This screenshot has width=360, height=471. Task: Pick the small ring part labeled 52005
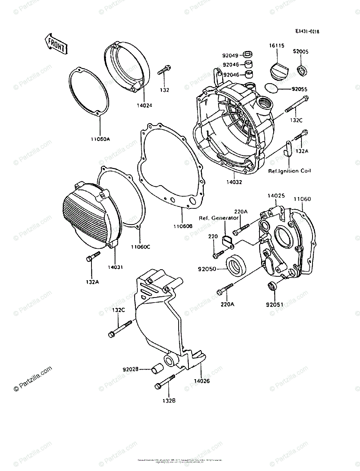(302, 71)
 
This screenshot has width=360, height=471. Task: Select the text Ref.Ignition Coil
(289, 171)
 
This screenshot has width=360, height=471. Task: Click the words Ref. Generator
(218, 218)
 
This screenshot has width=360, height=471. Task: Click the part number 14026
(202, 381)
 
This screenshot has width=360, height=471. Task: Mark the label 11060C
(141, 247)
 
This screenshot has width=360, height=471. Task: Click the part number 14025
(276, 195)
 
